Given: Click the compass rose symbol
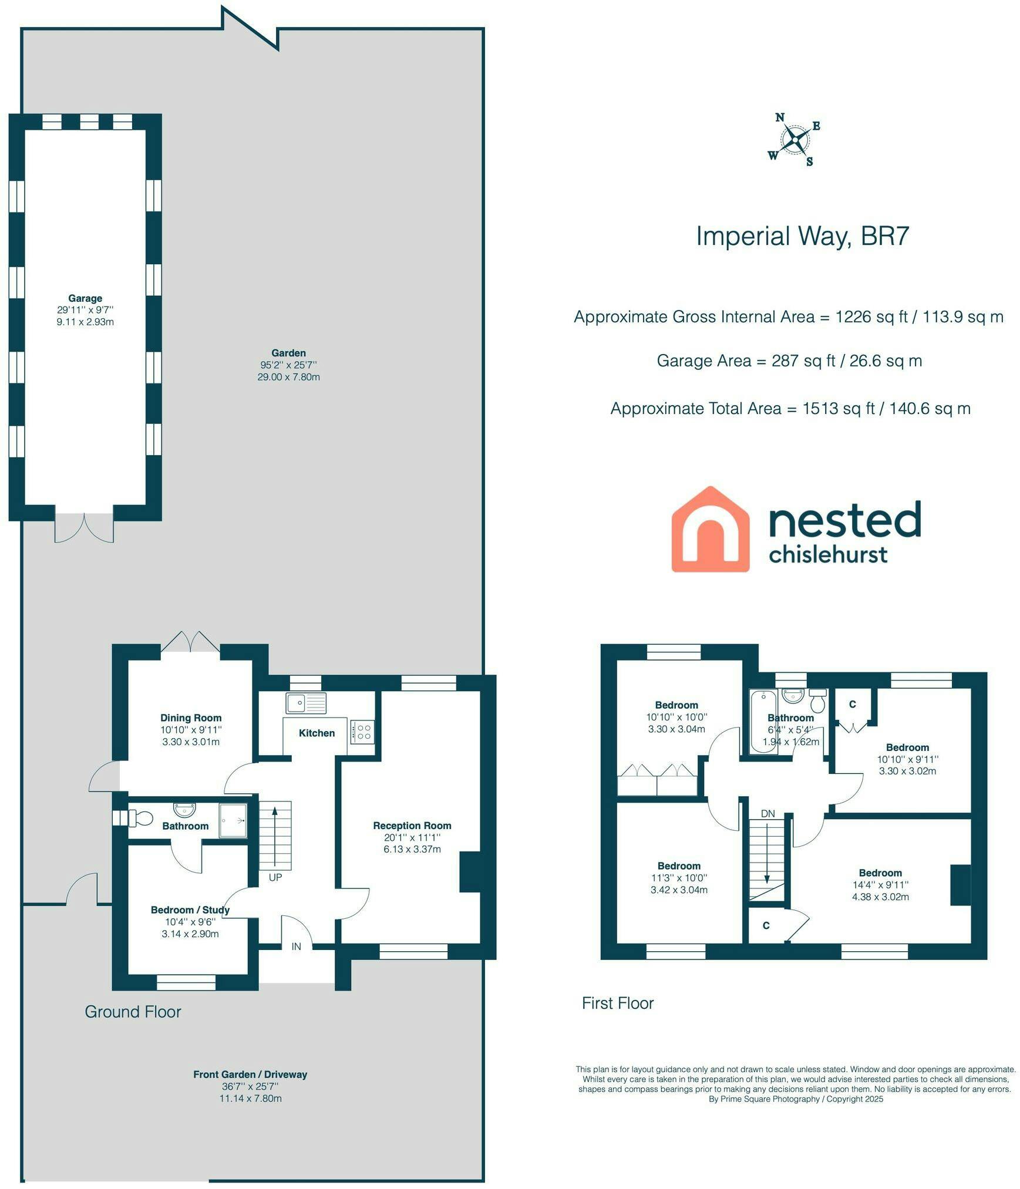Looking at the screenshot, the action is pyautogui.click(x=794, y=140).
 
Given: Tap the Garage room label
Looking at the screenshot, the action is pyautogui.click(x=85, y=298).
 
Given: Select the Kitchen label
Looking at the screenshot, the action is pyautogui.click(x=317, y=733).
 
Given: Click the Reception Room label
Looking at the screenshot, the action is pyautogui.click(x=412, y=826).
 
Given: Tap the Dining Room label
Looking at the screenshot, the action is pyautogui.click(x=191, y=718).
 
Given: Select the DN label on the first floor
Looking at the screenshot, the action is pyautogui.click(x=767, y=814).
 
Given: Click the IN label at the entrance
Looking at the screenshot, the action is pyautogui.click(x=297, y=947).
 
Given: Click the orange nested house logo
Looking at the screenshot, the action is pyautogui.click(x=710, y=529).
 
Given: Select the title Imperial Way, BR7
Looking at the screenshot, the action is pyautogui.click(x=802, y=236).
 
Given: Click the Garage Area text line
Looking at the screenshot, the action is pyautogui.click(x=789, y=361).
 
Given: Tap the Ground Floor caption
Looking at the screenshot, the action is pyautogui.click(x=133, y=1011).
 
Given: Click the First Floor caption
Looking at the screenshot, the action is pyautogui.click(x=618, y=1003).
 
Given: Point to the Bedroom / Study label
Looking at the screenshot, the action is pyautogui.click(x=190, y=910).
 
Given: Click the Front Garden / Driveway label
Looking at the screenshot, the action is pyautogui.click(x=250, y=1075).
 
